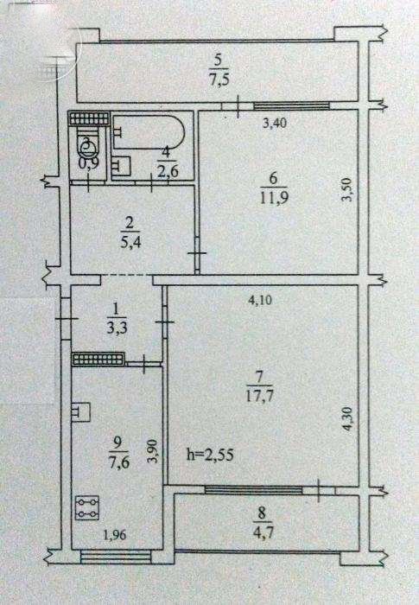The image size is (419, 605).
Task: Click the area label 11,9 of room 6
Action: coord(275,198)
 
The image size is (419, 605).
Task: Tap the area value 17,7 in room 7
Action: coord(259,396)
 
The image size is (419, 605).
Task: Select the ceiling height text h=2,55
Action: coord(210,455)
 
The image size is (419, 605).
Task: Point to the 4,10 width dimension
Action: coord(260,300)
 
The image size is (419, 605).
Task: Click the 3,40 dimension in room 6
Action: coord(275,124)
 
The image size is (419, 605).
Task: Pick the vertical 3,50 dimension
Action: coord(347,189)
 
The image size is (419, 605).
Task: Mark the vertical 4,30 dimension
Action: coord(347,418)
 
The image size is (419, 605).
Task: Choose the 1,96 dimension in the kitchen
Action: coord(115,535)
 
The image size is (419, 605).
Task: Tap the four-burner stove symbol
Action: coord(87,508)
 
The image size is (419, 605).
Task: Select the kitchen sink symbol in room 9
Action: coord(81,411)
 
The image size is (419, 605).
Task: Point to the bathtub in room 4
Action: coord(149,131)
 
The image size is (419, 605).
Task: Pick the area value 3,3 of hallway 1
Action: coord(116,328)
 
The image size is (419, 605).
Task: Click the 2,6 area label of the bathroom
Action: coord(168,170)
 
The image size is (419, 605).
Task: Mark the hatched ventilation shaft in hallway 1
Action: coord(98,359)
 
